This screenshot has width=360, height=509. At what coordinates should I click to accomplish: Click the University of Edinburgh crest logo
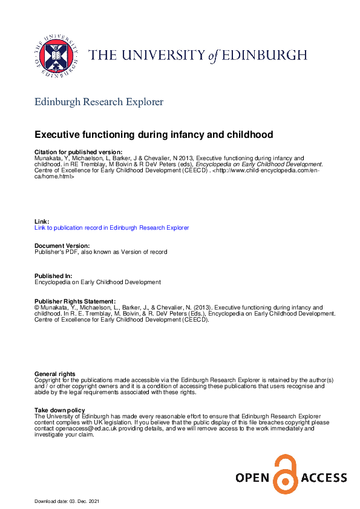point(55,54)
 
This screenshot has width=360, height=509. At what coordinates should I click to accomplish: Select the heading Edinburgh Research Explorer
point(99,102)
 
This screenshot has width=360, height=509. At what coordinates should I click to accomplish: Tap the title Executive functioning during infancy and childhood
point(154,134)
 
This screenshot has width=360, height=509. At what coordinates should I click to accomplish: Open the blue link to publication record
point(111,228)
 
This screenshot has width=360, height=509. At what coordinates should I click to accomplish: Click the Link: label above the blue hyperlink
point(42,222)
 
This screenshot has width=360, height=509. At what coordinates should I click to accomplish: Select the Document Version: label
point(62,245)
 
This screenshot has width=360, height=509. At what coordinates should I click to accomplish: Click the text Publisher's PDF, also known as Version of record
point(101,251)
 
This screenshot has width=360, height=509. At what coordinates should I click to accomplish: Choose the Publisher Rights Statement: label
point(75,301)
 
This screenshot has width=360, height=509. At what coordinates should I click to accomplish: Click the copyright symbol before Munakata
point(37,308)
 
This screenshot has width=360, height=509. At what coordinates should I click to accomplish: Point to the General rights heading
point(55,374)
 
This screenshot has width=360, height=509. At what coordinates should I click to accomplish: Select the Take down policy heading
point(61,410)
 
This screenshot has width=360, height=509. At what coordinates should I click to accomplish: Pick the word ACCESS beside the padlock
point(324,479)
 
